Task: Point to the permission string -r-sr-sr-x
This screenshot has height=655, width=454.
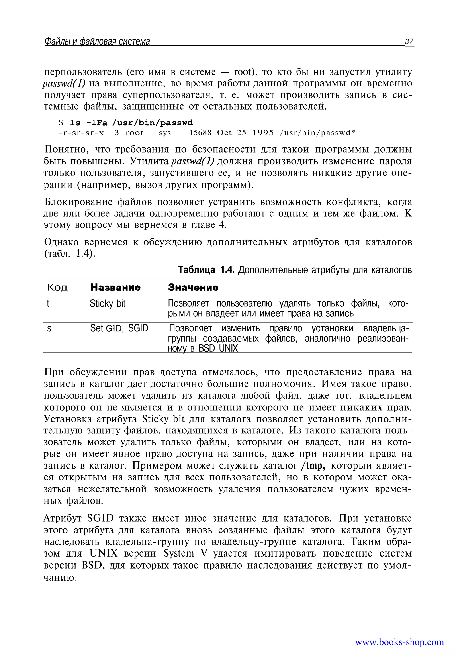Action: pos(81,133)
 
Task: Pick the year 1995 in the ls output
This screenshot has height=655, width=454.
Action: pos(263,133)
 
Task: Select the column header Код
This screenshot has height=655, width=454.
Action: pos(57,287)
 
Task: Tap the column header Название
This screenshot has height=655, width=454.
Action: pos(115,287)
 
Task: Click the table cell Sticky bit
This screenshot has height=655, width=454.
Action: pos(108,304)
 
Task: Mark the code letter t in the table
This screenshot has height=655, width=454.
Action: pos(48,304)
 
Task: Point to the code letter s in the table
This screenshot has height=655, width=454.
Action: pos(49,329)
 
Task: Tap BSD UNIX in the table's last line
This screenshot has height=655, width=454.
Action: pos(218,348)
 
